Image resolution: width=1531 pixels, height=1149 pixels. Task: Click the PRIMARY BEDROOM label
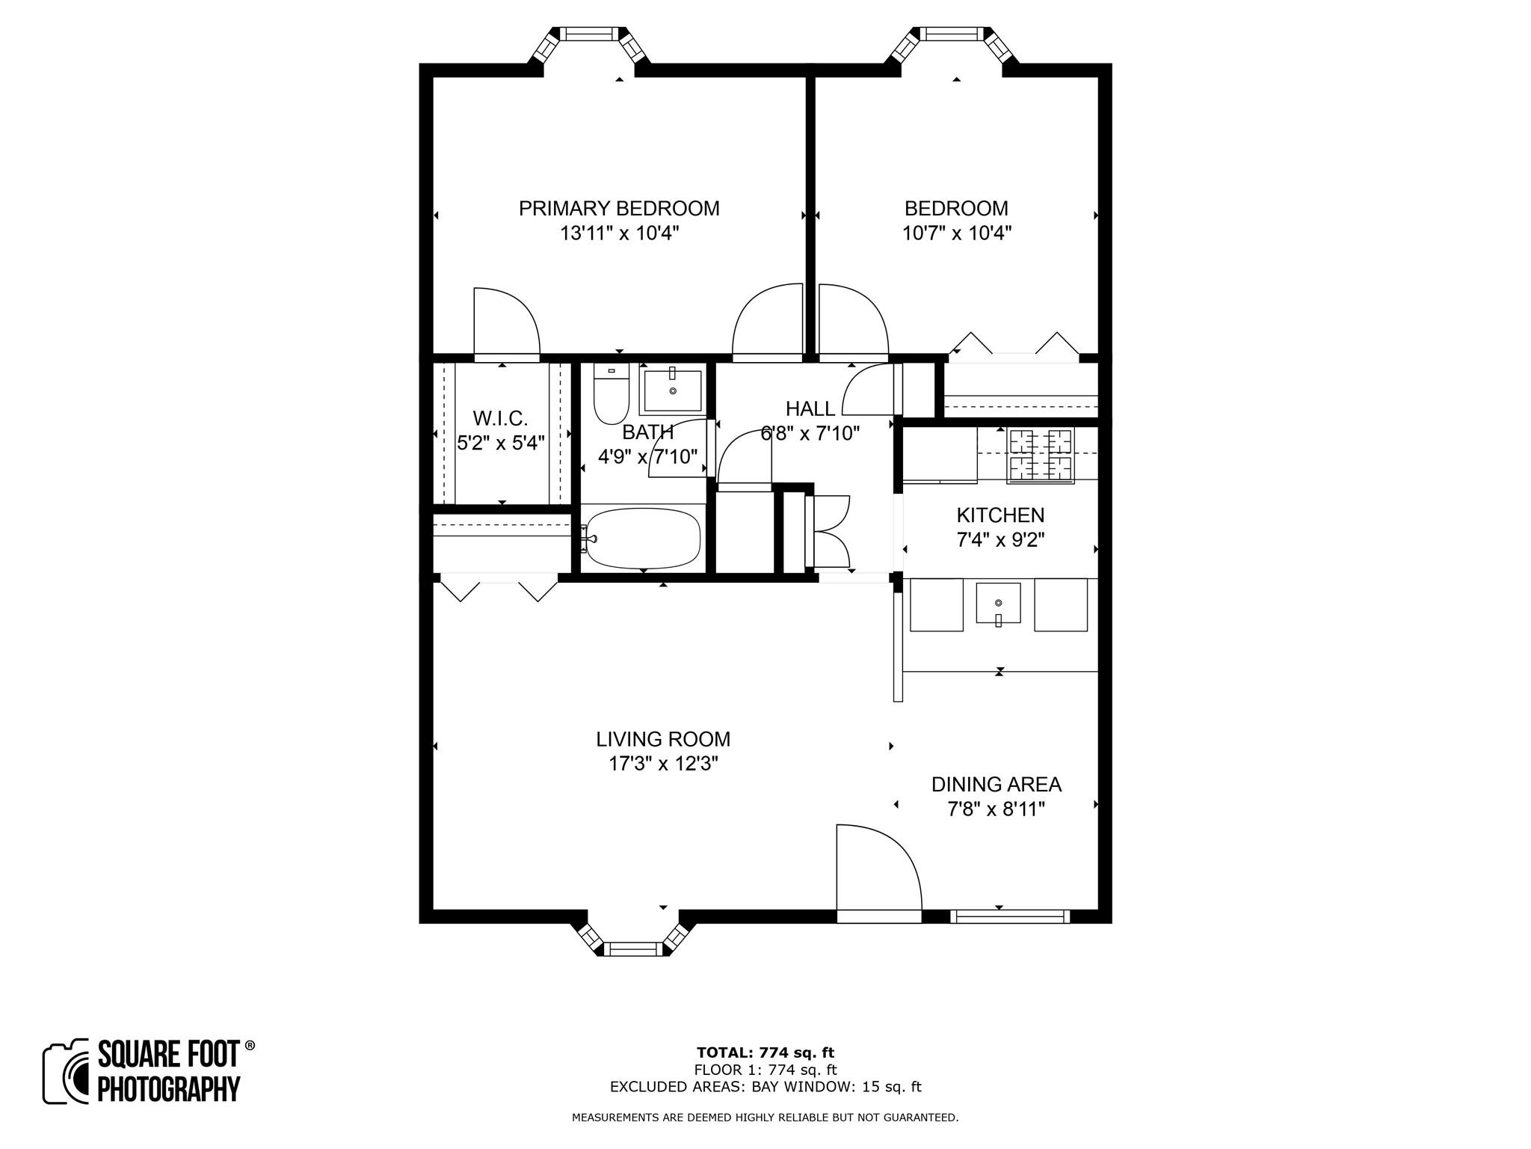(x=619, y=208)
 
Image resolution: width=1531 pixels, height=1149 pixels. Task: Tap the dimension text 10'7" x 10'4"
(x=956, y=233)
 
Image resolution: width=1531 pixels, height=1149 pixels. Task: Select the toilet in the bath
(x=612, y=396)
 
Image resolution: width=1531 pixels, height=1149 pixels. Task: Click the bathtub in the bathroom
(x=643, y=539)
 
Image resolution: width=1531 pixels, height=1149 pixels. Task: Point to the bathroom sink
(x=672, y=390)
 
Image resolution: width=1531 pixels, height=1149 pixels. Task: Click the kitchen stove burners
(x=1041, y=455)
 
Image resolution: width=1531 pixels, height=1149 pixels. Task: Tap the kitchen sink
(x=998, y=603)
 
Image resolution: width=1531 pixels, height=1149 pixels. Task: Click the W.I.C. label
(x=500, y=418)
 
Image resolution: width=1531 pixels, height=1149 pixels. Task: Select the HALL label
(x=810, y=408)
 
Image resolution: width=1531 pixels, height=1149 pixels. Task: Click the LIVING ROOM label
(x=663, y=739)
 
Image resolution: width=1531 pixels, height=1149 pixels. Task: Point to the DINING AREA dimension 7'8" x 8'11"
(x=996, y=809)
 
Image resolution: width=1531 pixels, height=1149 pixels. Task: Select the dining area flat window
(x=1010, y=916)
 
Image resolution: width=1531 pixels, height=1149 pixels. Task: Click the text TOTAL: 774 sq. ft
(x=765, y=1053)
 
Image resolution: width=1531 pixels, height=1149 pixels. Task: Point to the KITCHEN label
(x=1000, y=515)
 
